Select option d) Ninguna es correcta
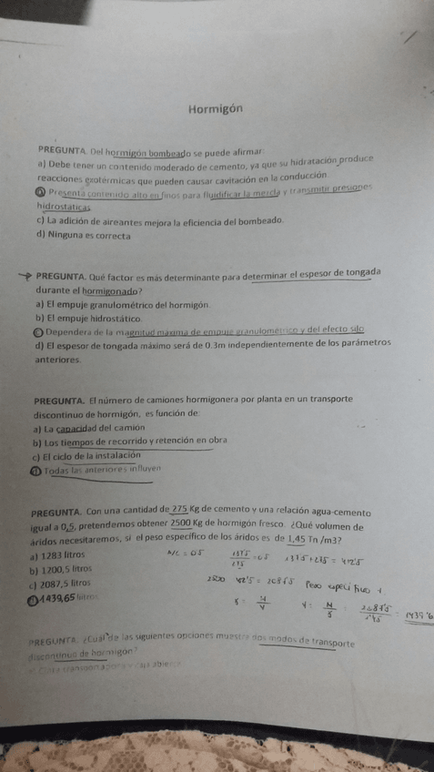[84, 235]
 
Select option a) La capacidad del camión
[83, 428]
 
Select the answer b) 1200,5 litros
[64, 568]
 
